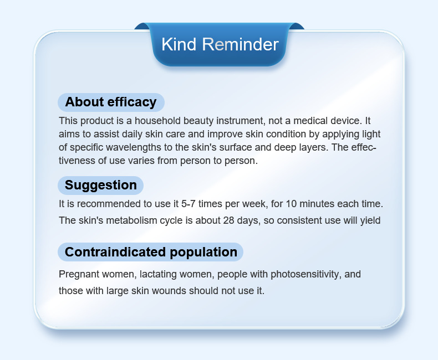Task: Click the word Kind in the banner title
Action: point(179,44)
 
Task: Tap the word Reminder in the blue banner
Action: point(240,44)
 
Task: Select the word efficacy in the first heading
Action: point(132,102)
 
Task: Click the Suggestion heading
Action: point(100,186)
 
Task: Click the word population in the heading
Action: point(203,253)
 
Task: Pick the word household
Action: point(157,121)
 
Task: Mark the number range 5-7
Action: point(189,204)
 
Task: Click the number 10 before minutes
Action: point(291,204)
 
